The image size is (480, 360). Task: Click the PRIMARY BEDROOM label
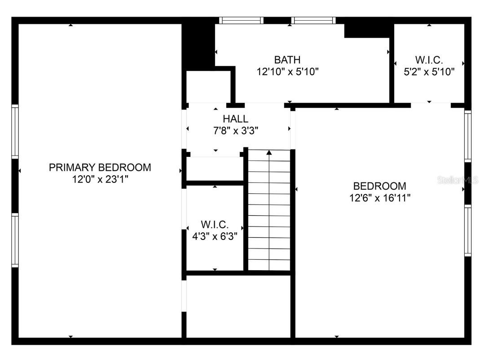point(100,168)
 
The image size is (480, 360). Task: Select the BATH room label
point(287,59)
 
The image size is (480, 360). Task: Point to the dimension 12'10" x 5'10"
point(287,71)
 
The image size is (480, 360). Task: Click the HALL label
point(235,119)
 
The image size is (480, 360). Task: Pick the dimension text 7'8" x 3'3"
point(235,130)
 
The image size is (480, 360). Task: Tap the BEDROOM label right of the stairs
point(379,186)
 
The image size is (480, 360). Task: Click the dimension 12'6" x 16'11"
point(379,198)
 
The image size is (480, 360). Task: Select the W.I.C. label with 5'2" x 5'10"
point(429,59)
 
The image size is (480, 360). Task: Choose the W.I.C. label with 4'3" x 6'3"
point(215,224)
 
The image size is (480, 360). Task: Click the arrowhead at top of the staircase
point(269,153)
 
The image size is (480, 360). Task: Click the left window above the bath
point(241,20)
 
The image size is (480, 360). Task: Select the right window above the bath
point(313,20)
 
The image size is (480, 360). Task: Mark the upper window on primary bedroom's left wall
point(15,131)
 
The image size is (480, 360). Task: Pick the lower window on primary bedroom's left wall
point(15,240)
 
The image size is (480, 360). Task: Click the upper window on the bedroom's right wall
point(467,136)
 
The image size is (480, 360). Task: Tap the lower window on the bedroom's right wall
point(467,230)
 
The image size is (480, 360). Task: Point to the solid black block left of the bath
point(198,45)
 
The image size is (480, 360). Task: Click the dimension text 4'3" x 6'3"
point(215,236)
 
